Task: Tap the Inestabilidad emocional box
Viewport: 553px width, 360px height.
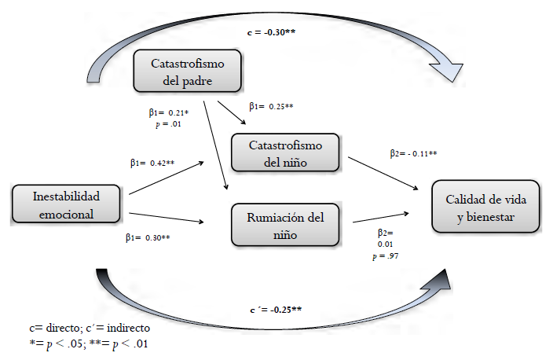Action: point(67,204)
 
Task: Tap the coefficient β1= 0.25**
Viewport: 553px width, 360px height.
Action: point(271,106)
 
